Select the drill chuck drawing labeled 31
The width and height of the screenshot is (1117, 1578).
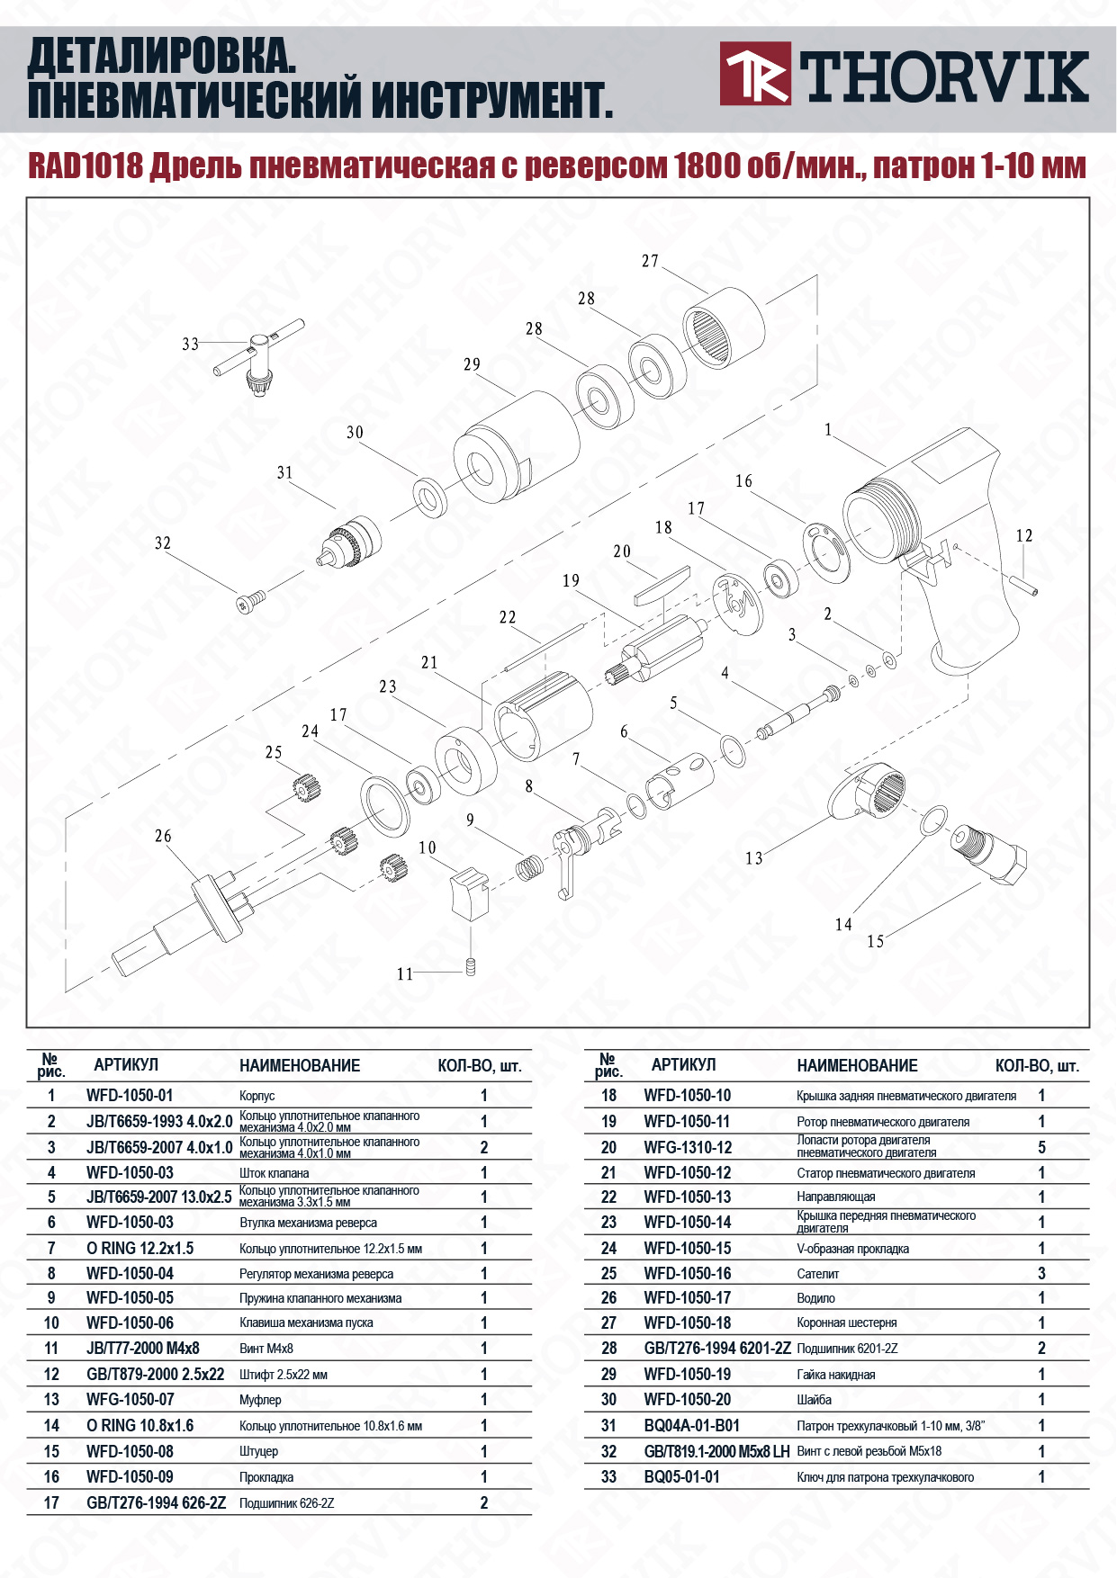point(353,539)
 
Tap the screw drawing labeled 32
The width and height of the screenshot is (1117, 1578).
point(251,602)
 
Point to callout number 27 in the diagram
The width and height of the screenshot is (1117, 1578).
point(650,261)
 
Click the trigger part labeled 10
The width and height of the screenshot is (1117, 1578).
point(467,893)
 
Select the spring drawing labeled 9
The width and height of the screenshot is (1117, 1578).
point(529,868)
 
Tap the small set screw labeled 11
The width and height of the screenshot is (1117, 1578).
point(470,967)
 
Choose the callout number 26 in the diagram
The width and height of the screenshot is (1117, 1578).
point(162,836)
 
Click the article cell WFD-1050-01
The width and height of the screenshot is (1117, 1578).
point(130,1095)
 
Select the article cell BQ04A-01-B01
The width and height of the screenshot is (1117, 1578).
point(691,1425)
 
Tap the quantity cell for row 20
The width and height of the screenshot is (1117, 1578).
point(1041,1147)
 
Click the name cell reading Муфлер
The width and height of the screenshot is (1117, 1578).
point(260,1399)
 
